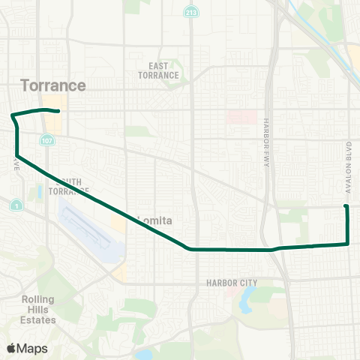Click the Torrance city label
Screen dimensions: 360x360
click(x=53, y=85)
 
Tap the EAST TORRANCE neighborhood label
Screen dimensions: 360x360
click(x=158, y=71)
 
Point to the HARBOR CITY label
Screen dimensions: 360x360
click(x=232, y=283)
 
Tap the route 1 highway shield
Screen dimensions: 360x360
click(x=16, y=205)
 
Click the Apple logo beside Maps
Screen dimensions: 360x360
click(x=11, y=348)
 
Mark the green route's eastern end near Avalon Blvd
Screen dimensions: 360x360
click(x=346, y=206)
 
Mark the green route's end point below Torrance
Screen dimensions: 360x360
click(x=58, y=112)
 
